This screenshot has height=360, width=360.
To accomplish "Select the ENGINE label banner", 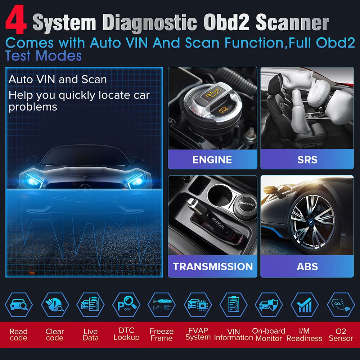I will coord(212,159).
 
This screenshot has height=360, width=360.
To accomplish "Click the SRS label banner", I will coord(307,159).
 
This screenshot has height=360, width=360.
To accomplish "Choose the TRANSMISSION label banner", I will coord(213,267).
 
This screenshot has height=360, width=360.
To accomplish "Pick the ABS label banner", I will coord(307,267).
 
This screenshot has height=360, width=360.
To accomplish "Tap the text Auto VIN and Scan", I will coord(58,79).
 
